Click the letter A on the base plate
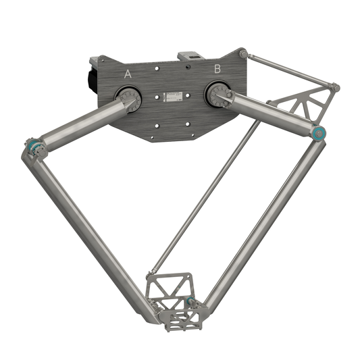[x=127, y=74]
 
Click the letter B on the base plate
[x=217, y=68]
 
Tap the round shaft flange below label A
[x=130, y=101]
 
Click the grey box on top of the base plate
[x=187, y=57]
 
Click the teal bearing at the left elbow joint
[x=33, y=145]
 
